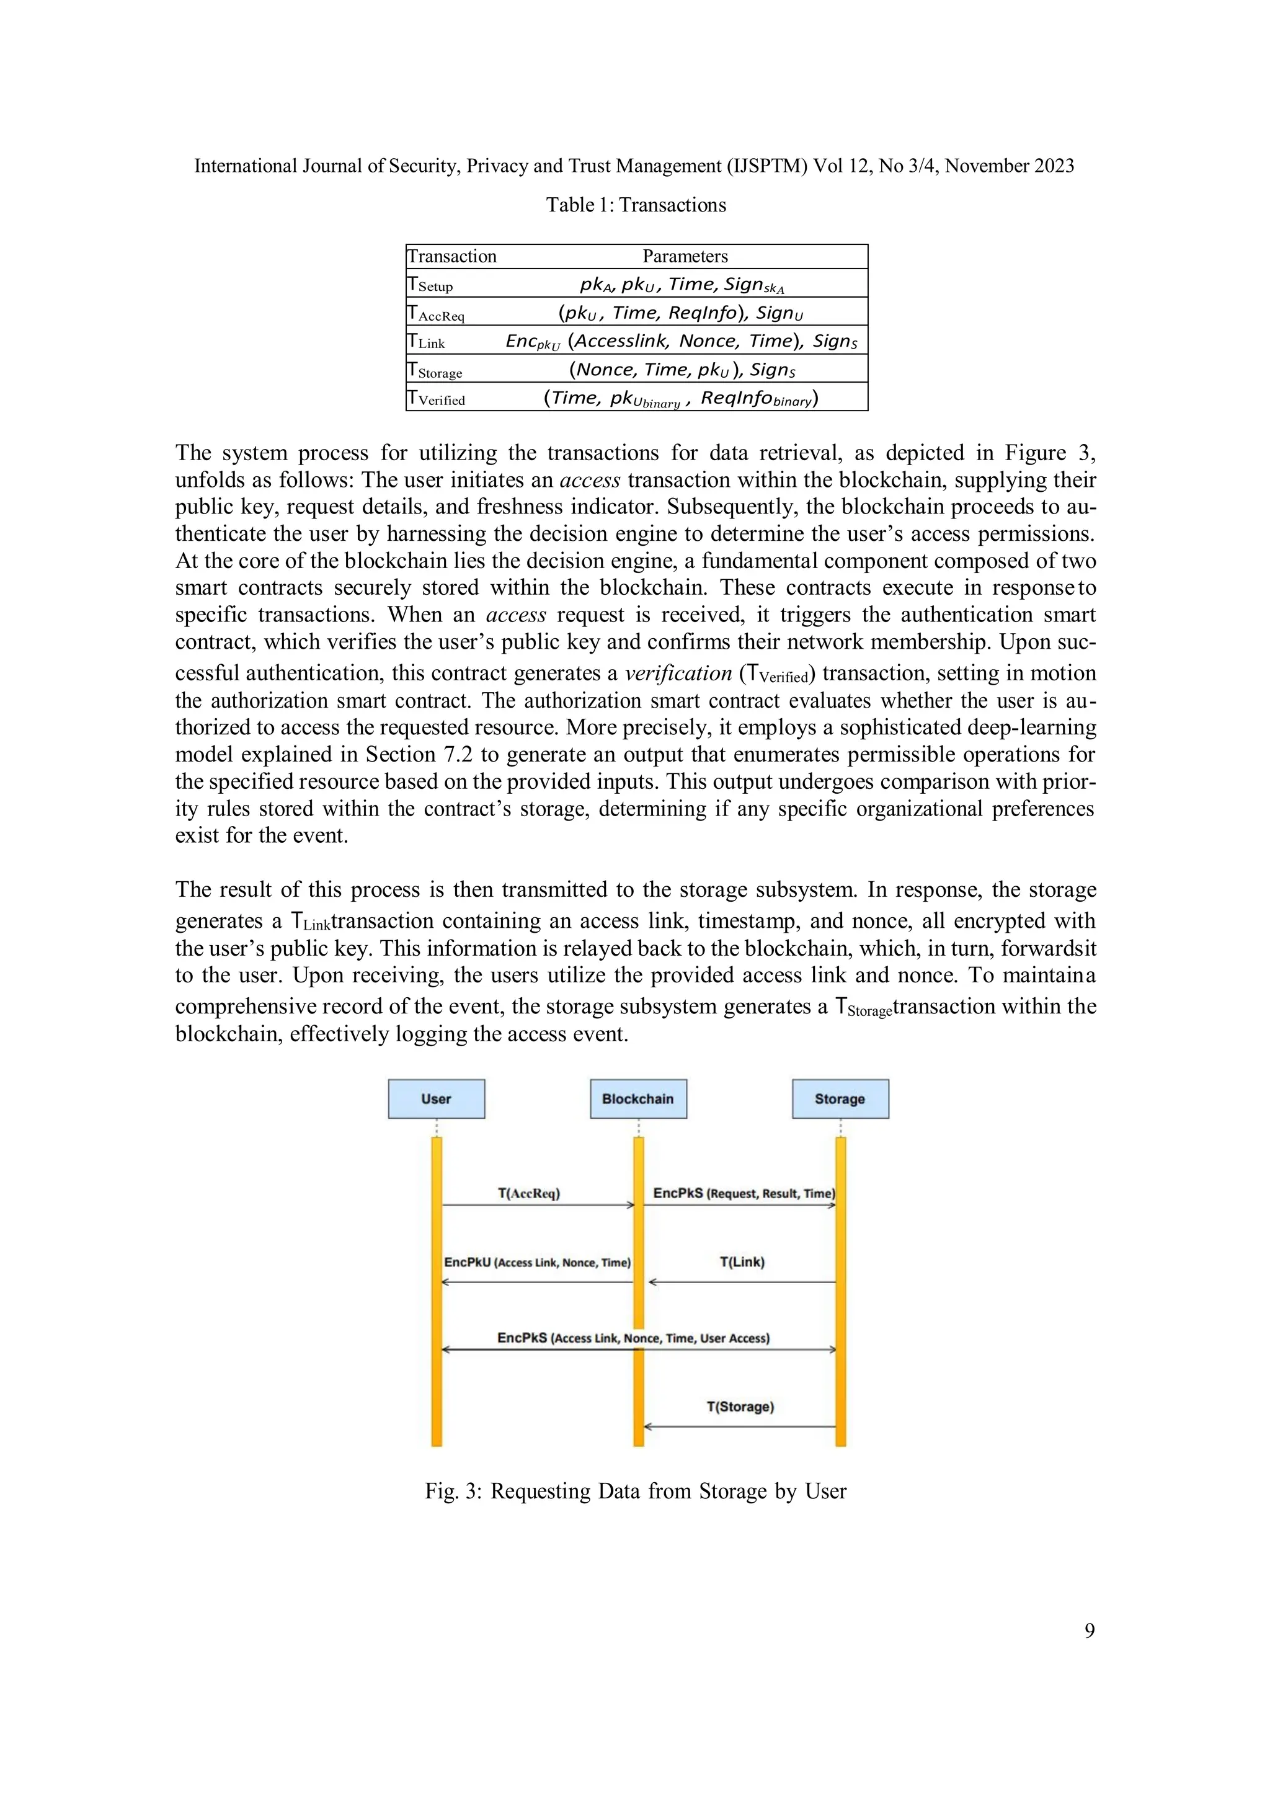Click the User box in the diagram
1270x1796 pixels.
(x=437, y=1098)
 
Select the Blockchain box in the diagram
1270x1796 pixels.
(x=638, y=1098)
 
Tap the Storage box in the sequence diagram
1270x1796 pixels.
(x=840, y=1098)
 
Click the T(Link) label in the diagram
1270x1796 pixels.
(x=742, y=1262)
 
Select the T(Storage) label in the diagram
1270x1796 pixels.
(x=740, y=1407)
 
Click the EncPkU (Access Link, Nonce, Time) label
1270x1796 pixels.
(x=537, y=1263)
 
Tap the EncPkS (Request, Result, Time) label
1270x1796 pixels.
(x=744, y=1194)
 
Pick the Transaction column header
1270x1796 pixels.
(x=452, y=257)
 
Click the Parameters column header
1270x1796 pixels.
(x=685, y=257)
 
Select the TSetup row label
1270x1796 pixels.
(x=430, y=284)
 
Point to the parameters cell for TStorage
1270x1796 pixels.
(x=682, y=369)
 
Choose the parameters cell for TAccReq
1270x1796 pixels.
(x=680, y=313)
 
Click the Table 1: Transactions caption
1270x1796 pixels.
(x=636, y=205)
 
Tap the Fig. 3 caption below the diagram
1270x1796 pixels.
(x=635, y=1491)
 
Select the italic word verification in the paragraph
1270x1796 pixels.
(x=677, y=674)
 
